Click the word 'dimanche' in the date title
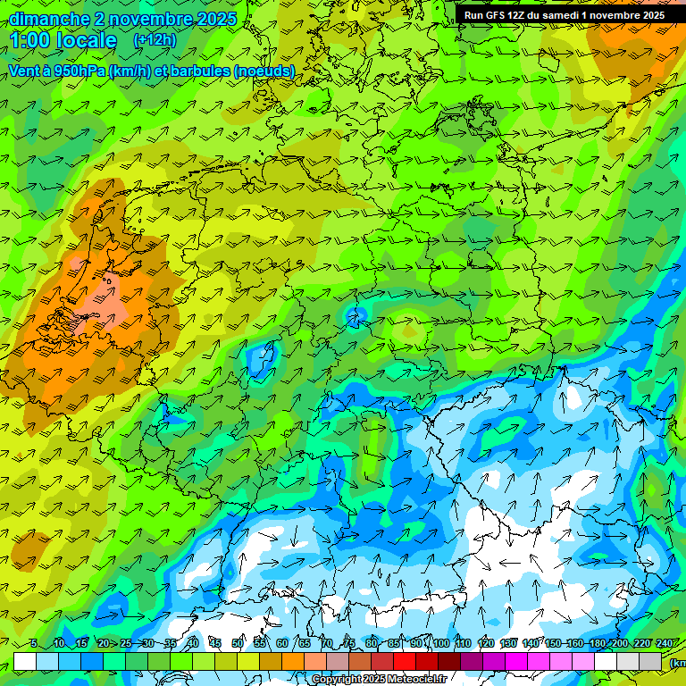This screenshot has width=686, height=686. (x=49, y=19)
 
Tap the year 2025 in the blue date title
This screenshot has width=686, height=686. (x=214, y=19)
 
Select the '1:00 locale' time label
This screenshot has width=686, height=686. (x=63, y=41)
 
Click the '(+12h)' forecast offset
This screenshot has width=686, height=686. (x=155, y=40)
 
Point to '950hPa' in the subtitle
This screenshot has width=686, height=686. (x=78, y=71)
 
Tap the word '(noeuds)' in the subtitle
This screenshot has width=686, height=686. (x=264, y=71)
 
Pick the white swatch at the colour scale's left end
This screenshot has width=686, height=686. (x=25, y=662)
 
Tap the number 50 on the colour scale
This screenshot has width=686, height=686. (x=238, y=643)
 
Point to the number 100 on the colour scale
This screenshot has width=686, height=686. (x=441, y=643)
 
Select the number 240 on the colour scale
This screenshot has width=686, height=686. (x=665, y=643)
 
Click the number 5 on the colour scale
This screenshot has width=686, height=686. (x=34, y=643)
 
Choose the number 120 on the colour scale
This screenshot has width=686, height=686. (x=486, y=643)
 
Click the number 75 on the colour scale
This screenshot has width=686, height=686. (x=349, y=643)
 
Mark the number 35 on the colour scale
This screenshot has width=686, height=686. (x=171, y=643)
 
